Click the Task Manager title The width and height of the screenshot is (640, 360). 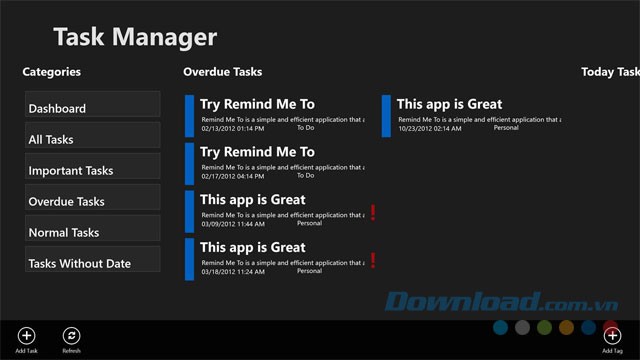[x=134, y=38]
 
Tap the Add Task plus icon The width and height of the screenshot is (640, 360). [x=27, y=336]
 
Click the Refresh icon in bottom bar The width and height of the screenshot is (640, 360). [x=71, y=336]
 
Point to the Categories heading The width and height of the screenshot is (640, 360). [x=52, y=72]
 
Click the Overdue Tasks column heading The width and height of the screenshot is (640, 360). [x=222, y=72]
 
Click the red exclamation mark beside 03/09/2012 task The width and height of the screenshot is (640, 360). [x=373, y=212]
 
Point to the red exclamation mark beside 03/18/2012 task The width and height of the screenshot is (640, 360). [x=373, y=260]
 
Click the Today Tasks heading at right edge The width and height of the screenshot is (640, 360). [x=609, y=72]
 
